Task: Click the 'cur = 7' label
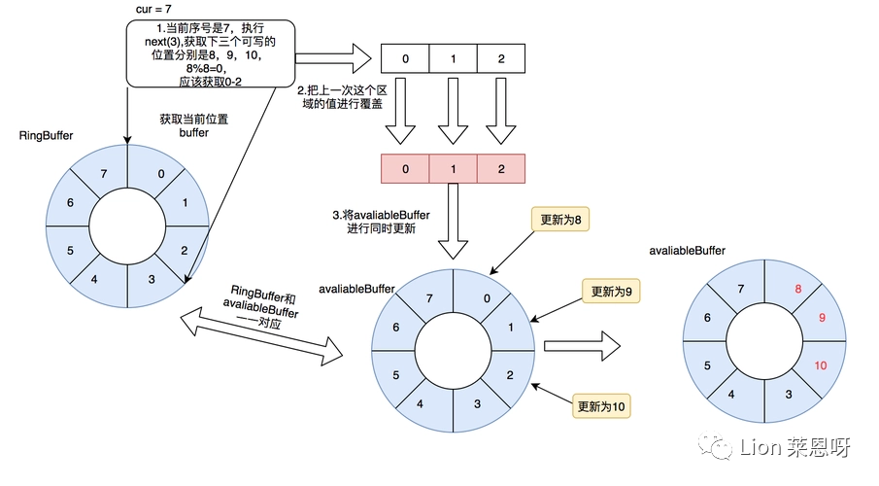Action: [x=153, y=10]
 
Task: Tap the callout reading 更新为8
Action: [x=560, y=220]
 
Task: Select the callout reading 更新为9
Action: [x=611, y=292]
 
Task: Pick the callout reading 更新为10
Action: [x=601, y=406]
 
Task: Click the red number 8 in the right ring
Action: [x=797, y=289]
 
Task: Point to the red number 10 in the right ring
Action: [x=820, y=365]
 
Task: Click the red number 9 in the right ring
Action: [x=822, y=318]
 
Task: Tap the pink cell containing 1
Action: [x=453, y=169]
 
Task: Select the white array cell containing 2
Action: [x=501, y=58]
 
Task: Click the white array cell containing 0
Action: [x=405, y=58]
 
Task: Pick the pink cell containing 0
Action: [x=405, y=169]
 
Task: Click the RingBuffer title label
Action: [x=46, y=136]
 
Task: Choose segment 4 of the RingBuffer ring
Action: [x=96, y=278]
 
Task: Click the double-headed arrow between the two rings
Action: [x=261, y=336]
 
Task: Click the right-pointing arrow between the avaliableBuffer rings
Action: [x=582, y=346]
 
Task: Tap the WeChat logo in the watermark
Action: [x=715, y=446]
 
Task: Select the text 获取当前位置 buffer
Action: [x=194, y=125]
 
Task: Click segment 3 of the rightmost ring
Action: [x=788, y=395]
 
